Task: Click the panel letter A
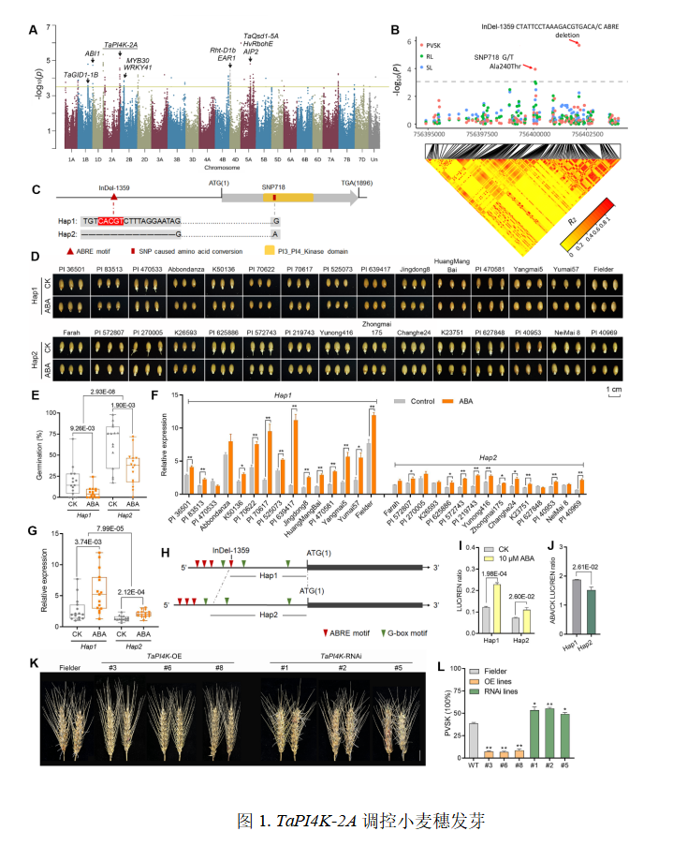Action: pos(34,30)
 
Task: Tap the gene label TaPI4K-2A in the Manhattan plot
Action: pos(121,45)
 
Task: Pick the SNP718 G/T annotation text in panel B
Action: pos(498,58)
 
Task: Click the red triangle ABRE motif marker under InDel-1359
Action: pos(113,198)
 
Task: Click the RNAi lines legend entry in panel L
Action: pos(493,692)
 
